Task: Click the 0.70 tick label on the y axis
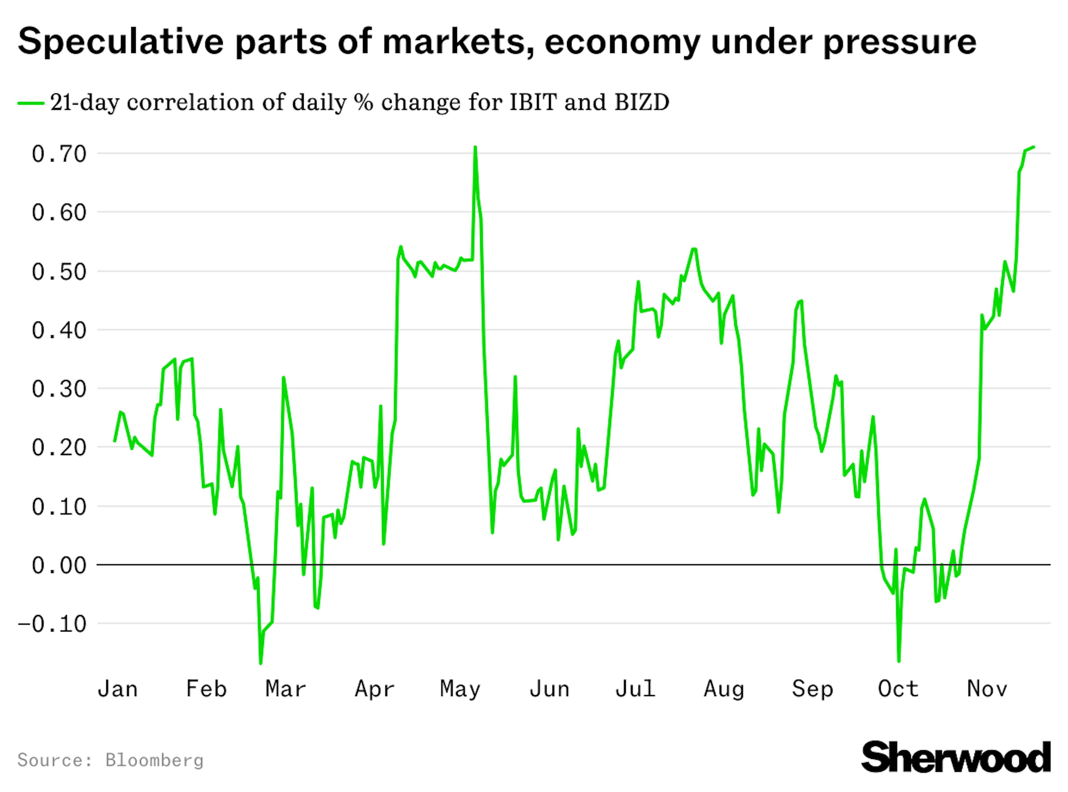[59, 154]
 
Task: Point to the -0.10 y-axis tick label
[52, 624]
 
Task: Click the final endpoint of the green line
[1034, 147]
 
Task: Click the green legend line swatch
[31, 103]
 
